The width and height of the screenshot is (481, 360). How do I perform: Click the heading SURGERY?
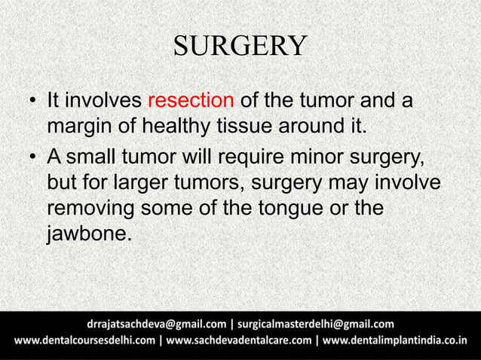pos(240,46)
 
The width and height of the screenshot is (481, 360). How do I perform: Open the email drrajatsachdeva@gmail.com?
pos(156,325)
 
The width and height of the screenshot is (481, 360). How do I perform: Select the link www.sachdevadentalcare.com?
pos(239,342)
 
